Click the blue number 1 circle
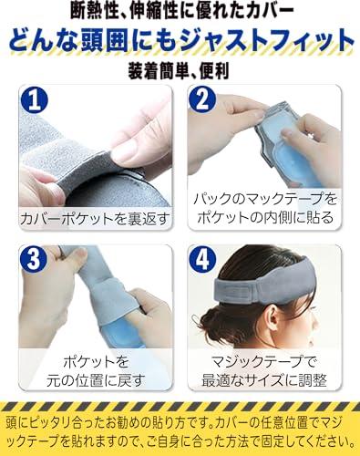[35, 100]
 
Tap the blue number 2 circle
[202, 100]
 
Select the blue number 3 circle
[34, 259]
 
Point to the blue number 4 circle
[202, 259]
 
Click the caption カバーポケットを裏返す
[95, 218]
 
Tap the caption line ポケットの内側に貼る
[265, 217]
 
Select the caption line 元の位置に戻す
[95, 380]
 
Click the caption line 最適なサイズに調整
[264, 380]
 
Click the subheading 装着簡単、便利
[179, 71]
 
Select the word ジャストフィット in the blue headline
[266, 40]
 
